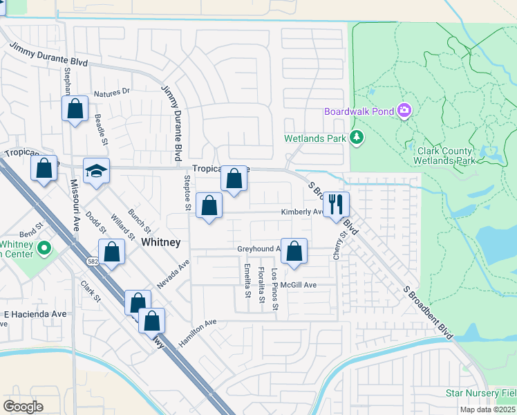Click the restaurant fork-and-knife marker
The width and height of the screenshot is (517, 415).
tap(336, 205)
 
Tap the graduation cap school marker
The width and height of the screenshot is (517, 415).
tap(97, 172)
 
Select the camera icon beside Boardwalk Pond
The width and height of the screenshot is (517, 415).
tap(404, 111)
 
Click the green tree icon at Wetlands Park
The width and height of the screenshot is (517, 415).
tap(357, 138)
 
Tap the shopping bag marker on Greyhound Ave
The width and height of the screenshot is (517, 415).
tap(294, 252)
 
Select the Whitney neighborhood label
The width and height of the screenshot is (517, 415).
tap(160, 242)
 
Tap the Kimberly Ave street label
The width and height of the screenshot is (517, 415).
tap(301, 212)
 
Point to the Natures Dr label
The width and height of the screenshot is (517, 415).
tap(111, 91)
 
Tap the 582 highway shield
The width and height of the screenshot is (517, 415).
tap(92, 261)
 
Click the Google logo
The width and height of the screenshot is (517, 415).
tap(23, 407)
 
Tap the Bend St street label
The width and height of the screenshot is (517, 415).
tap(31, 225)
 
